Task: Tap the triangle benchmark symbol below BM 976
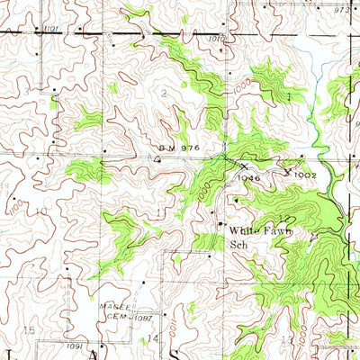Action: point(157,158)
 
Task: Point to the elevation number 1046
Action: point(249,178)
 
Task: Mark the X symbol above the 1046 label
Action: point(242,166)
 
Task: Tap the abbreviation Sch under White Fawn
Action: point(238,244)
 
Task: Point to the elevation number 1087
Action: point(147,317)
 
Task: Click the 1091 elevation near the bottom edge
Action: point(75,346)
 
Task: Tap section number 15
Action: point(29,331)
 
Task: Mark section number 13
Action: point(286,338)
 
